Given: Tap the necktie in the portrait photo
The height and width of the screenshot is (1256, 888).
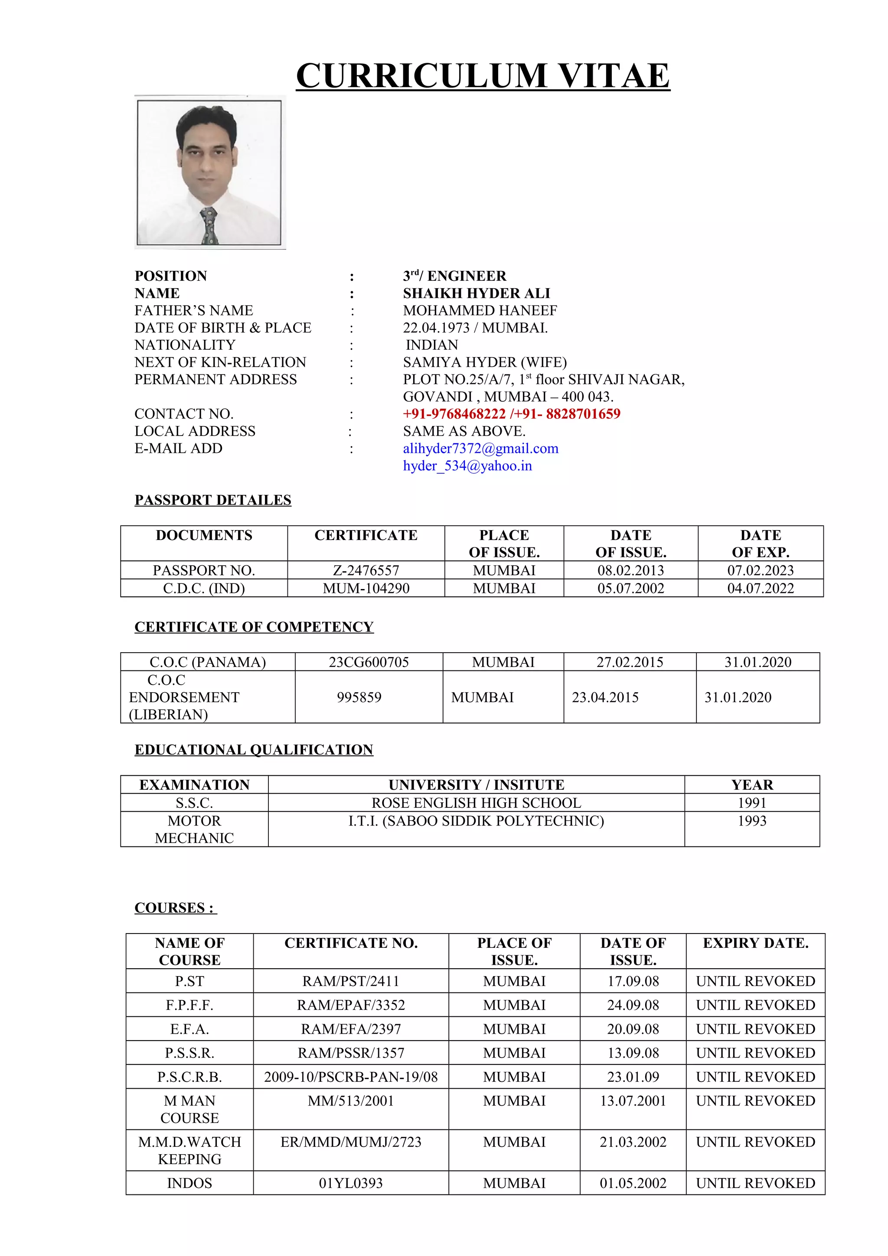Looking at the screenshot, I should coord(209,225).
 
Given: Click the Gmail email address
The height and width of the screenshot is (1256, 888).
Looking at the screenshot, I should coord(480,449).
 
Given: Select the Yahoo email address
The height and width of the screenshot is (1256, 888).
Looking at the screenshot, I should coord(467,466).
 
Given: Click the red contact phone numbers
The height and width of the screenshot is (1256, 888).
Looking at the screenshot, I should coord(512,414).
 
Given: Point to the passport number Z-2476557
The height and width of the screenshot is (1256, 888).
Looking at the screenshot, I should coord(366,570).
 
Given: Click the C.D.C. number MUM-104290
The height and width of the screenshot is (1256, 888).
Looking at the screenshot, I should coord(366,589).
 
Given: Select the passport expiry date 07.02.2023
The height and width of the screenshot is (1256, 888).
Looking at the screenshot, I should coord(760,570).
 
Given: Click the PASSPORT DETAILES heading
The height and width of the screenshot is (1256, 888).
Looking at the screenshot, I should coord(213,501).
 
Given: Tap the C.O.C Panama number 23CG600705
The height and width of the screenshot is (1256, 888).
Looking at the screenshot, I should coord(369,663).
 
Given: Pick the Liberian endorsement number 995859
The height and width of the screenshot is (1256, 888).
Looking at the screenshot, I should coord(359,697).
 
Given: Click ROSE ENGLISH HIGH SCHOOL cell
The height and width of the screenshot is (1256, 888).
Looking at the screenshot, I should coord(476,803).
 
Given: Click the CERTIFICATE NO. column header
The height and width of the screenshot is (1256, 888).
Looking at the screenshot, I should coord(351,943).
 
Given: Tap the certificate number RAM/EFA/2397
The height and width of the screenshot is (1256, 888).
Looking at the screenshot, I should coord(351,1029).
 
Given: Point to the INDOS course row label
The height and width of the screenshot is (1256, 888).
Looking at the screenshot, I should coord(189,1183).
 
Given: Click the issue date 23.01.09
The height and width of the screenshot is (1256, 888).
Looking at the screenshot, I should coord(633,1077).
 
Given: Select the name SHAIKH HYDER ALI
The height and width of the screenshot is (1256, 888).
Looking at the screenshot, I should coord(477,294).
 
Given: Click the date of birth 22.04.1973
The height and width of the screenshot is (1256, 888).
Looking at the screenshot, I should coord(436,328).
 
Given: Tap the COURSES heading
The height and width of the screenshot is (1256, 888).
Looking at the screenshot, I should coord(175,908).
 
